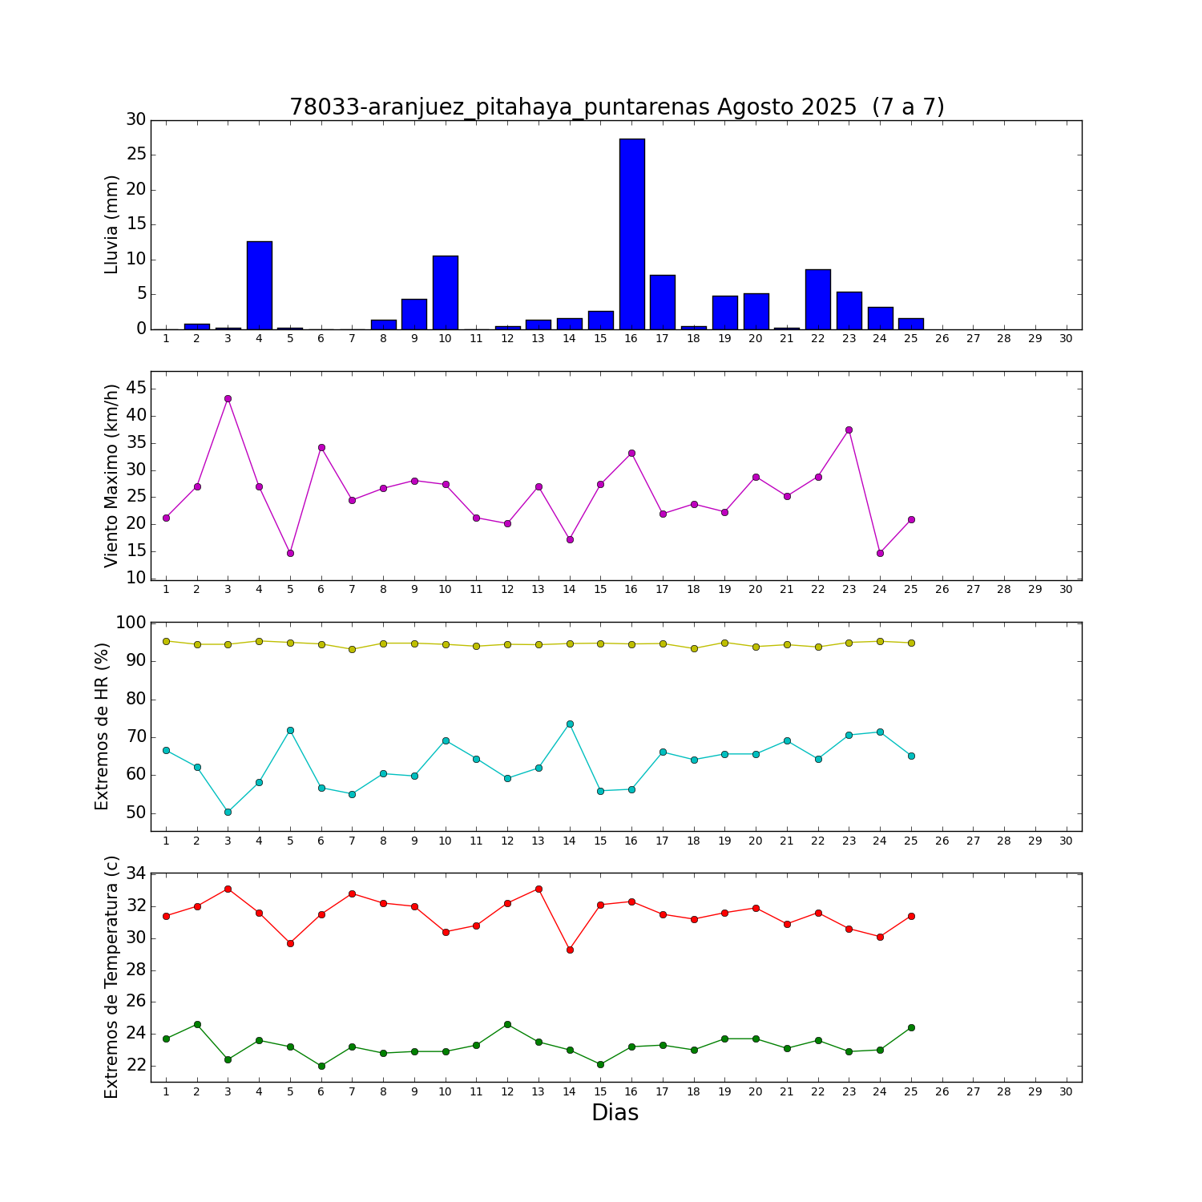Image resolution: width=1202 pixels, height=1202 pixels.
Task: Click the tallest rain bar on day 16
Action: tap(631, 234)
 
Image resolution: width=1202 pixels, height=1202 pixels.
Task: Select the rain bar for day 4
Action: tap(259, 285)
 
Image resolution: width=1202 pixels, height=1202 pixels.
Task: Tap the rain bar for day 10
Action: tap(446, 292)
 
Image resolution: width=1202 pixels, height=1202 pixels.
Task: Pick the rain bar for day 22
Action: tap(818, 299)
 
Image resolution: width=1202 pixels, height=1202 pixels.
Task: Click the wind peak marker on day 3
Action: tap(228, 398)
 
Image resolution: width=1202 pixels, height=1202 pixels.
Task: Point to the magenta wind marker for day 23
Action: tap(849, 430)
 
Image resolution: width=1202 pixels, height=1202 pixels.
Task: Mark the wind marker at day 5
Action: tap(290, 553)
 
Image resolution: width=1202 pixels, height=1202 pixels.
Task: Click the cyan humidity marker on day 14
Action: tap(570, 724)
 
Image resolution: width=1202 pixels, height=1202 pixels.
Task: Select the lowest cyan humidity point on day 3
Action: tap(228, 812)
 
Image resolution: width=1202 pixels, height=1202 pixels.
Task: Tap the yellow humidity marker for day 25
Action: tap(911, 643)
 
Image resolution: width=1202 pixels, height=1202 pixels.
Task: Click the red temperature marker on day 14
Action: tap(570, 950)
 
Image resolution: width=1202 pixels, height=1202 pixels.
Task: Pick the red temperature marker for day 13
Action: tap(538, 889)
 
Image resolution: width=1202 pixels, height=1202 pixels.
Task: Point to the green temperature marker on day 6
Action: tap(321, 1066)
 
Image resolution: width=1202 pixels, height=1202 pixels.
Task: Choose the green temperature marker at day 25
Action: tap(911, 1027)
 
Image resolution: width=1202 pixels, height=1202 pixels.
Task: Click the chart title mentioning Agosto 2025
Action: tap(616, 107)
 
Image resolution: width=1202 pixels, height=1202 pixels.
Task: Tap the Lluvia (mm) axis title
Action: tap(111, 224)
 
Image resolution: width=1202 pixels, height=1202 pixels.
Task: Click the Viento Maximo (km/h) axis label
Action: tap(111, 475)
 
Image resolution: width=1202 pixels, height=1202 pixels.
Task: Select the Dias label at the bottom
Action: tap(615, 1112)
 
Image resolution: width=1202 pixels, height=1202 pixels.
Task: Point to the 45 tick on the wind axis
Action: tap(136, 389)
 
